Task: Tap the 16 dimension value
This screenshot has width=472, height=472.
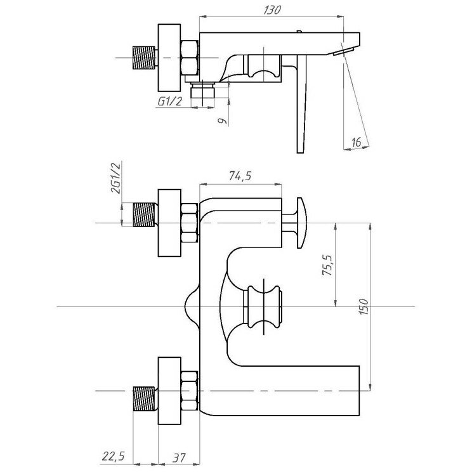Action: pyautogui.click(x=356, y=142)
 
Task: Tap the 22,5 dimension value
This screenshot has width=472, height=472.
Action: pyautogui.click(x=112, y=456)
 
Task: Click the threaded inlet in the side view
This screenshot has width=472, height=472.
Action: pyautogui.click(x=145, y=58)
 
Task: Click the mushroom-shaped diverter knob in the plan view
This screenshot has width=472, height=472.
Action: pyautogui.click(x=299, y=223)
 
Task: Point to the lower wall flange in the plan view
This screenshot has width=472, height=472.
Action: pyautogui.click(x=169, y=391)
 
